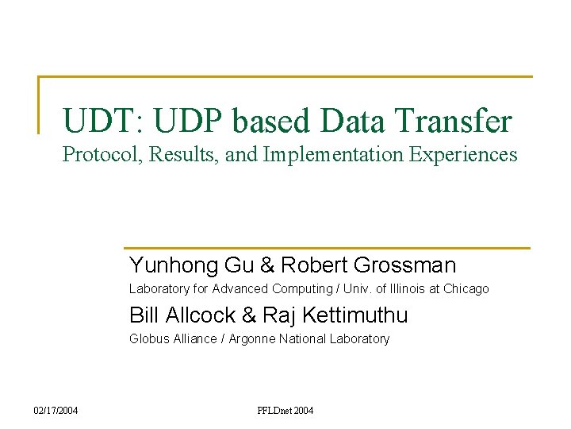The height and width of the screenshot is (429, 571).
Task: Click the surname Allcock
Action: click(201, 315)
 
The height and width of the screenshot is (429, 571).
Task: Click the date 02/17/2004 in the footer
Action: click(56, 411)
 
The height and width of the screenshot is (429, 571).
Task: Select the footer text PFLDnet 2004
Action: click(285, 411)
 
